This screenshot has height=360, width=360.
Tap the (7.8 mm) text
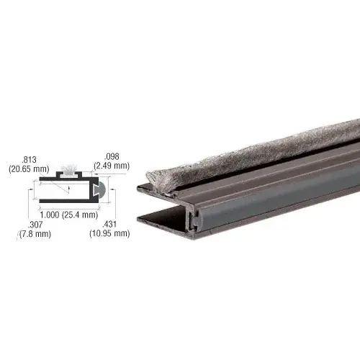point(28,233)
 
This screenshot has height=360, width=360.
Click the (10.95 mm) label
point(109,233)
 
